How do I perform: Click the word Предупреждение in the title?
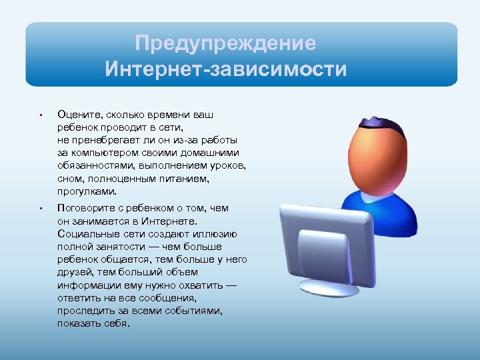point(225,44)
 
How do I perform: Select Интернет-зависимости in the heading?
point(225,69)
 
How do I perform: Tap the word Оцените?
point(77,115)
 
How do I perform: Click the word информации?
point(87,285)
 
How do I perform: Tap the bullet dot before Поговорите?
point(41,209)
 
